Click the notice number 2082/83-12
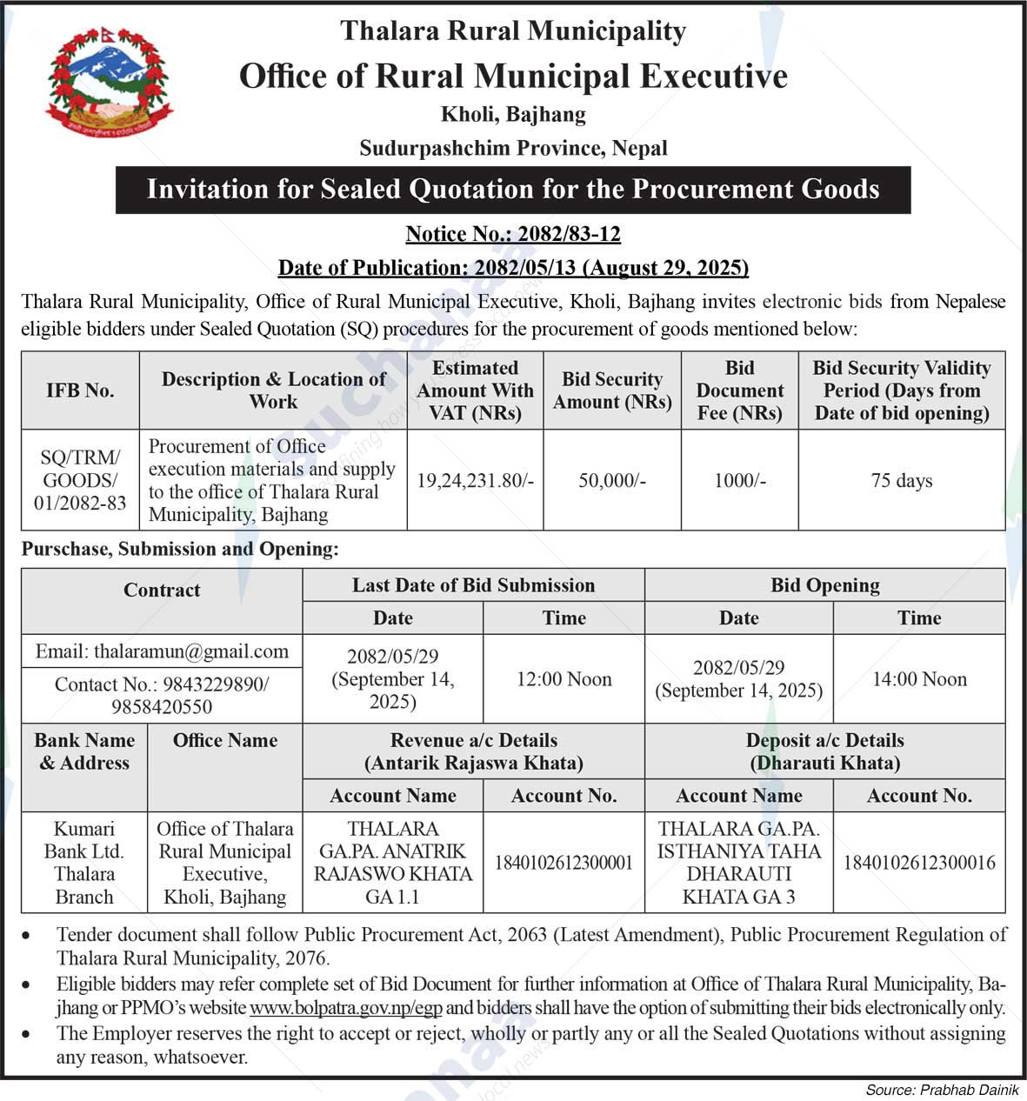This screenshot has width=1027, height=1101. coord(513,234)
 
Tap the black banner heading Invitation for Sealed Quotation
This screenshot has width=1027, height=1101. coord(513,190)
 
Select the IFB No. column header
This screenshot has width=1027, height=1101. coord(80,390)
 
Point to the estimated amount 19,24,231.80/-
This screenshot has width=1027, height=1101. coord(475,480)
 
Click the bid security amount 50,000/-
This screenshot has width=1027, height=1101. coord(612,480)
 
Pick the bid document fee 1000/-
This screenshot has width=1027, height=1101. coord(740,480)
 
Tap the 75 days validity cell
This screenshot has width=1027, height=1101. coord(902,480)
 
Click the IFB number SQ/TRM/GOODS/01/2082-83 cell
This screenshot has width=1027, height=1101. coord(80,480)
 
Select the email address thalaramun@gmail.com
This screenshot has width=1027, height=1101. coord(162,651)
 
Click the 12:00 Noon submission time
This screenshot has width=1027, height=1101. coord(564,679)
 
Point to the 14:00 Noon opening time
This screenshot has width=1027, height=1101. coord(919,679)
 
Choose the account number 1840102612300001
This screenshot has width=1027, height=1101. coord(564,863)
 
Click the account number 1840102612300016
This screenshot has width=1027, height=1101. coord(919,863)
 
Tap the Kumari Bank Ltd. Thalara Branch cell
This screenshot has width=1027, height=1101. coord(84,862)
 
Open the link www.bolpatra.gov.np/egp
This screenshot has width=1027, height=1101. coord(345,1009)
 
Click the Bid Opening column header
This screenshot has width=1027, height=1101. coord(824,585)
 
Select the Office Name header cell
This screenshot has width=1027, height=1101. coord(224,740)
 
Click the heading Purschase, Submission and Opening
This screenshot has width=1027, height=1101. coord(180,549)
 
